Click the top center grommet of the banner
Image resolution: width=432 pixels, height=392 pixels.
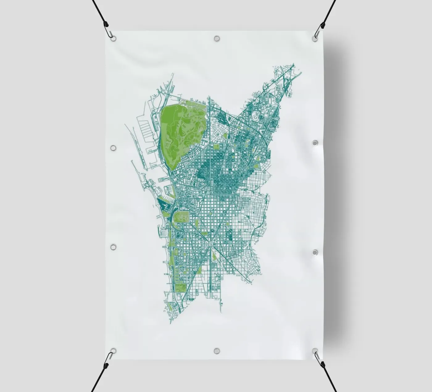(x=217, y=39)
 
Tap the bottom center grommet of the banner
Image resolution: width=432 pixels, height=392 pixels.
(x=217, y=351)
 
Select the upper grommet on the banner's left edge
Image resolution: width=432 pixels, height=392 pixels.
(x=113, y=148)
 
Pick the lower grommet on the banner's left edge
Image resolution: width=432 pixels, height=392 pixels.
(x=113, y=247)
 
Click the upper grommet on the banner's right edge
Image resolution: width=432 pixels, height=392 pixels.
(x=315, y=143)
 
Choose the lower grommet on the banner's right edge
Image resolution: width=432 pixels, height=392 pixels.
(x=315, y=253)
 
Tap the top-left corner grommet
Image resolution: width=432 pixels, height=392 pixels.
(x=113, y=38)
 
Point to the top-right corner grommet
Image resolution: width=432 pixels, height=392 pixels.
(x=315, y=38)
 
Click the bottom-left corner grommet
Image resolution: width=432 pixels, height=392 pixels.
(x=113, y=351)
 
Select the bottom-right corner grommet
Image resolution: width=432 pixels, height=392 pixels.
(x=315, y=351)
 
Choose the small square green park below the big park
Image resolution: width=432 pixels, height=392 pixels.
(x=216, y=146)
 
